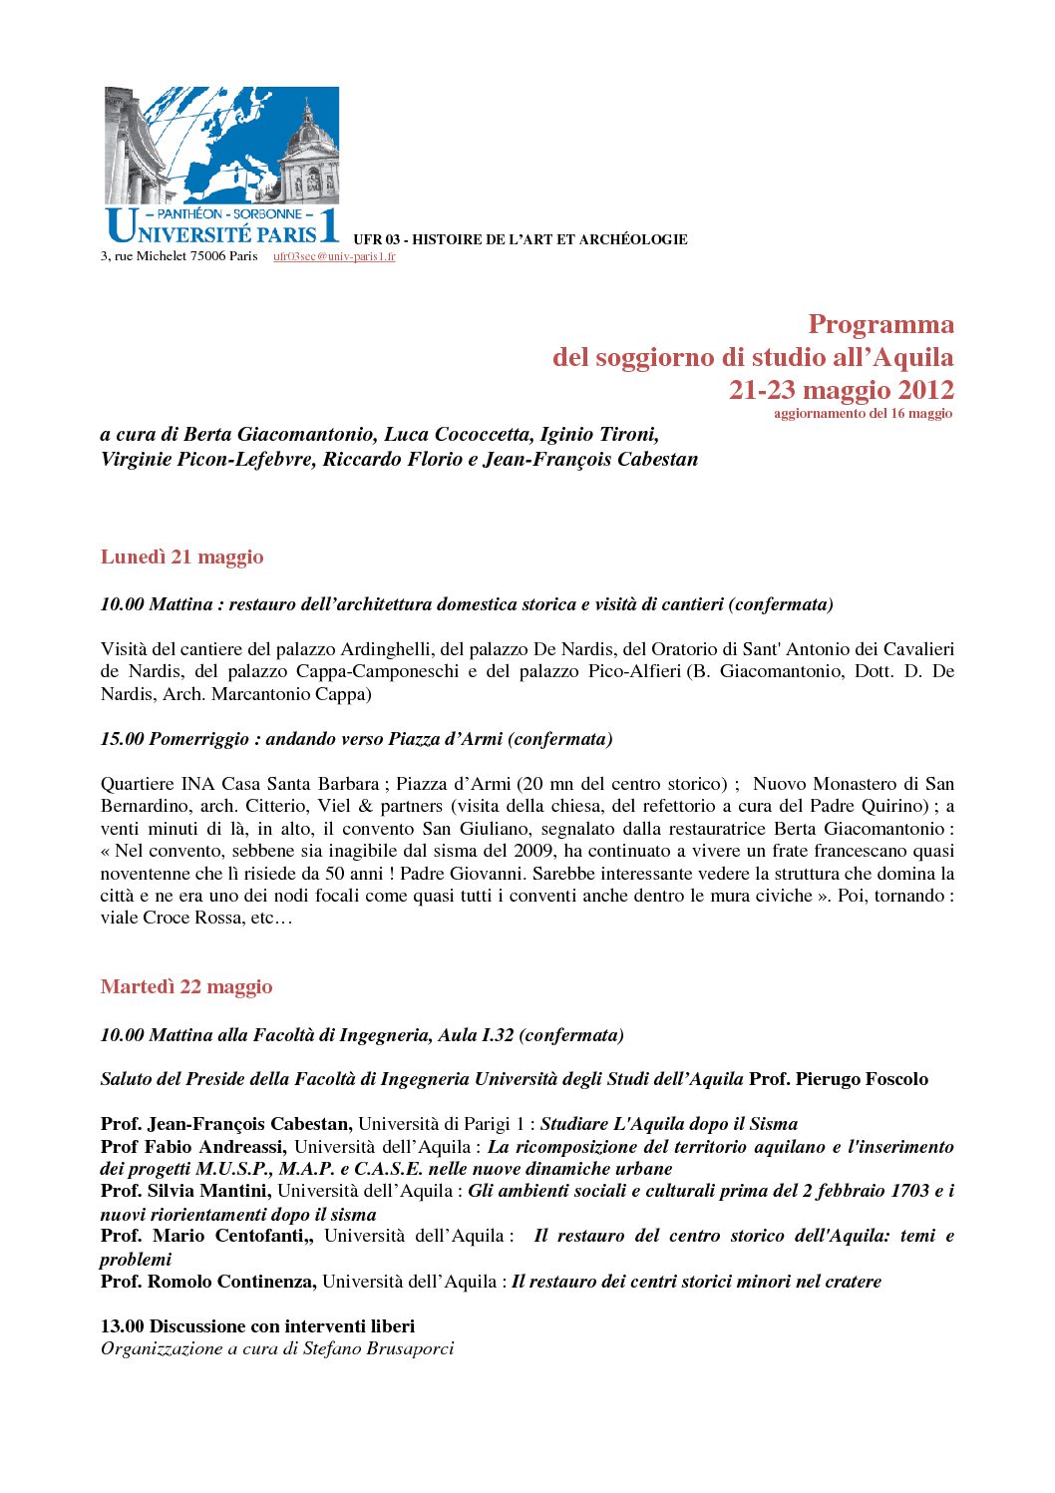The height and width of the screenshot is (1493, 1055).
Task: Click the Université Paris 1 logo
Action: pyautogui.click(x=221, y=165)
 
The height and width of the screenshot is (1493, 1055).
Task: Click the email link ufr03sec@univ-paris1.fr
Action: pyautogui.click(x=334, y=256)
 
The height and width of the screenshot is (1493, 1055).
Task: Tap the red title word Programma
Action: pyautogui.click(x=880, y=324)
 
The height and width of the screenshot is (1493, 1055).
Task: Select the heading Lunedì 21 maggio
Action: pyautogui.click(x=182, y=557)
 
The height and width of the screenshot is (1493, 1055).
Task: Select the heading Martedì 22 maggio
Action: pyautogui.click(x=186, y=986)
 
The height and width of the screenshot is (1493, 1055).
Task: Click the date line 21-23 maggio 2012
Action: pyautogui.click(x=841, y=390)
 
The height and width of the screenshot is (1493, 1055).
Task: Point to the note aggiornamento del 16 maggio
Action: pyautogui.click(x=863, y=413)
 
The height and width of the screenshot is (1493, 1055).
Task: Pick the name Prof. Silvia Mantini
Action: pyautogui.click(x=185, y=1191)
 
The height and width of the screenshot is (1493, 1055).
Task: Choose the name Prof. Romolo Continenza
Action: pyautogui.click(x=208, y=1282)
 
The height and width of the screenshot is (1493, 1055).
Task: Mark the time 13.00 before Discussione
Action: pyautogui.click(x=122, y=1326)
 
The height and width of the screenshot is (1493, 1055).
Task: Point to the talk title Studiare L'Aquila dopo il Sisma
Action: pyautogui.click(x=668, y=1124)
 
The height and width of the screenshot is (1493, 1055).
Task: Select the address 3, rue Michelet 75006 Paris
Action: pyautogui.click(x=178, y=256)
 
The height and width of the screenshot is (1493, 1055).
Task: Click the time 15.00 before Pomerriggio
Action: pyautogui.click(x=122, y=739)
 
